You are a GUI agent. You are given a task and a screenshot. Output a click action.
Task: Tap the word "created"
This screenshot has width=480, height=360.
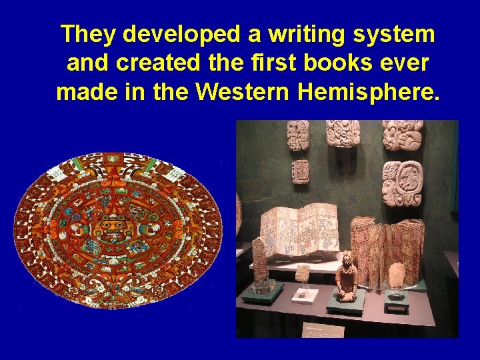[x=147, y=63]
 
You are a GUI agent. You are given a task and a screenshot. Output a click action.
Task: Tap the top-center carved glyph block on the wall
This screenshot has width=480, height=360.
[x=343, y=133]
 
